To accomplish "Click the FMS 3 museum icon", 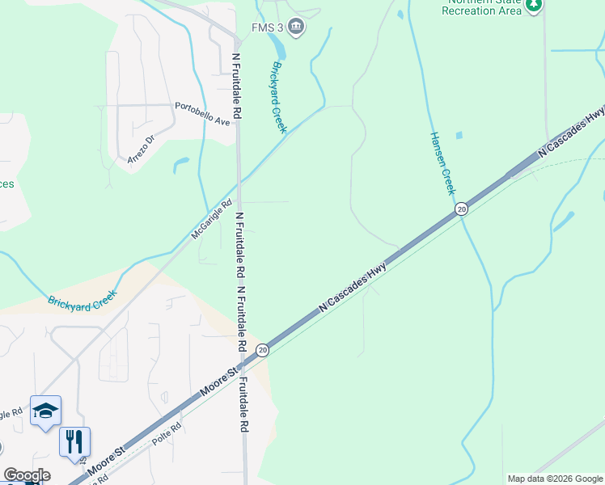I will (297, 27).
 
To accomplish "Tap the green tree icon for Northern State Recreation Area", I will (533, 6).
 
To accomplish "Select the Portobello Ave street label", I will (202, 113).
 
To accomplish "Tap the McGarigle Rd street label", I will (211, 220).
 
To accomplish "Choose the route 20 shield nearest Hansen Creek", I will (461, 209).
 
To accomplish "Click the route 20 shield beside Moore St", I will (262, 349).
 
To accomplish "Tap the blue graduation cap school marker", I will (45, 411).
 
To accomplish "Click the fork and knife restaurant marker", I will (74, 441).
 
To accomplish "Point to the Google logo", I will (27, 475).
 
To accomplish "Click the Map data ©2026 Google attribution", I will (554, 479).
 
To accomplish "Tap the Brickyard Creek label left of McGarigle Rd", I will (82, 298).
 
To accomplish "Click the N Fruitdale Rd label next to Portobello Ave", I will (237, 88).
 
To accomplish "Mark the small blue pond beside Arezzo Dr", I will (180, 165).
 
